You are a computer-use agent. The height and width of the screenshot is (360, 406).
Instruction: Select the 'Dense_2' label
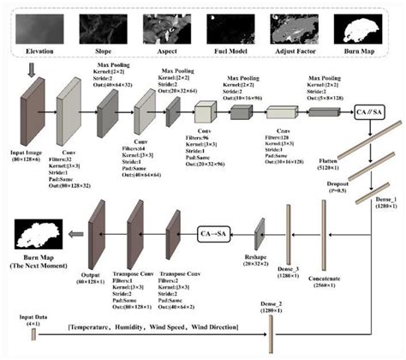(272, 304)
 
